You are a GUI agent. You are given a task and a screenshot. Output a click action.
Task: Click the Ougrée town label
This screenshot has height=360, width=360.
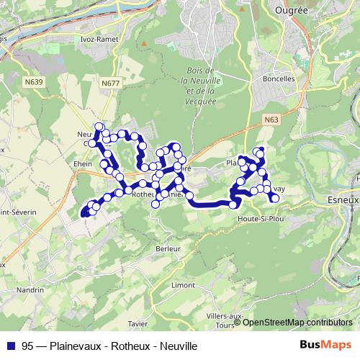point(292,11)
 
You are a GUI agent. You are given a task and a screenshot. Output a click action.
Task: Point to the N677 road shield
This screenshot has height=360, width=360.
point(110,84)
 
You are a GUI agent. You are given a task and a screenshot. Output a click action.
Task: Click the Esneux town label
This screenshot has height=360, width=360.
point(342,194)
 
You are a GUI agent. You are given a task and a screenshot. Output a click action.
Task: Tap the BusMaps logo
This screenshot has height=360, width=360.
point(325,346)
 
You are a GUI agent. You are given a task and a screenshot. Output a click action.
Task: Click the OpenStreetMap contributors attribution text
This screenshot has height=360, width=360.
point(297,323)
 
